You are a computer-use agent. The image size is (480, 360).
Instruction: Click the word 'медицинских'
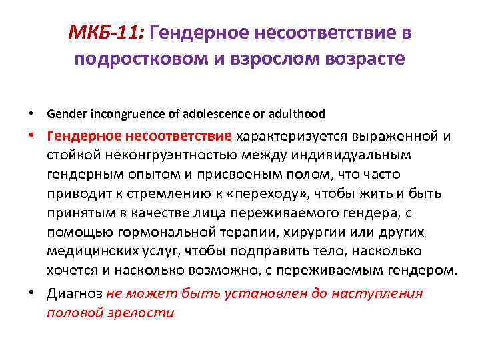(89, 251)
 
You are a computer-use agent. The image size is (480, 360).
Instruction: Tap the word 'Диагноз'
(75, 293)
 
